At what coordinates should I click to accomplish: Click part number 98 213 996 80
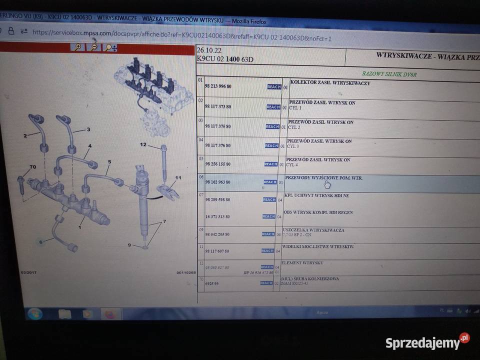[x=218, y=86]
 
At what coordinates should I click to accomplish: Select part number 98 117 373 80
[x=218, y=107]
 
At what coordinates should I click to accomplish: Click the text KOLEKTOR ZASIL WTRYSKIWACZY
[x=330, y=83]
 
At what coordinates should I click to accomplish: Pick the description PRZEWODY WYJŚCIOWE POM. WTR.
[x=323, y=178]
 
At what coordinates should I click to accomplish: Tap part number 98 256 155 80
[x=218, y=164]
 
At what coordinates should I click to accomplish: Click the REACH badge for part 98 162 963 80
[x=270, y=182]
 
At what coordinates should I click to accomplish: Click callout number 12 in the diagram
[x=143, y=145]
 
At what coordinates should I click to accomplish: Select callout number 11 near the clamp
[x=178, y=177]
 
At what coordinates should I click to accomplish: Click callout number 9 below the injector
[x=129, y=245]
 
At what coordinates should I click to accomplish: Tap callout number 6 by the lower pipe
[x=41, y=242]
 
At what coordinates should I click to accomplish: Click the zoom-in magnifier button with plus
[x=77, y=47]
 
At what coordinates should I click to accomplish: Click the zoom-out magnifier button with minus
[x=93, y=47]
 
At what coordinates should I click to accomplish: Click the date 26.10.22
[x=208, y=50]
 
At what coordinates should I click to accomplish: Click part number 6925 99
[x=212, y=283]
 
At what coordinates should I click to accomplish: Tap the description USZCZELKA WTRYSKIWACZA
[x=313, y=230]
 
